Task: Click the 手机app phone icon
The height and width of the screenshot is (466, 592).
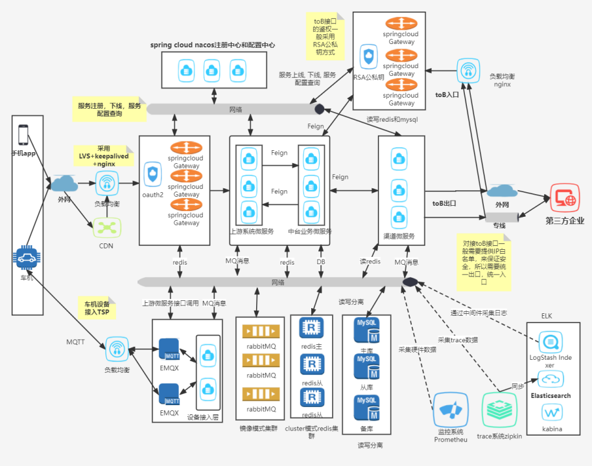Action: [x=23, y=135]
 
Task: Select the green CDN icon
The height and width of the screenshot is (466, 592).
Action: [x=106, y=227]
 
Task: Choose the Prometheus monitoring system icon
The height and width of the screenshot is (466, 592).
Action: [x=450, y=409]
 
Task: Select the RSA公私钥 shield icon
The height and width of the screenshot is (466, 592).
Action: [x=369, y=57]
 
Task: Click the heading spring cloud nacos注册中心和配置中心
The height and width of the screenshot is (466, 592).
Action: [x=213, y=45]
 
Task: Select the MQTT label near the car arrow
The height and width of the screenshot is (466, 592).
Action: [x=75, y=341]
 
